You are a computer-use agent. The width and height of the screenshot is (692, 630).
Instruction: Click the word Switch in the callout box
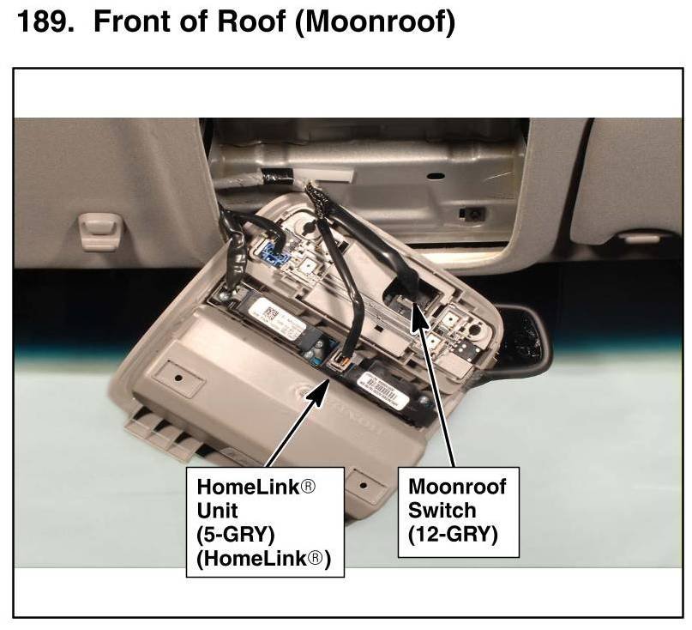pyautogui.click(x=441, y=511)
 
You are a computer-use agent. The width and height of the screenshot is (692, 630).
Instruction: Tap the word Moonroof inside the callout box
pyautogui.click(x=457, y=488)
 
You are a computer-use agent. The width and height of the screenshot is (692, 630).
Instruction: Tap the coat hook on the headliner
pyautogui.click(x=101, y=231)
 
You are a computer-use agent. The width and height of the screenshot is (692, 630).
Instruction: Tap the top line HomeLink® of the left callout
pyautogui.click(x=256, y=488)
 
